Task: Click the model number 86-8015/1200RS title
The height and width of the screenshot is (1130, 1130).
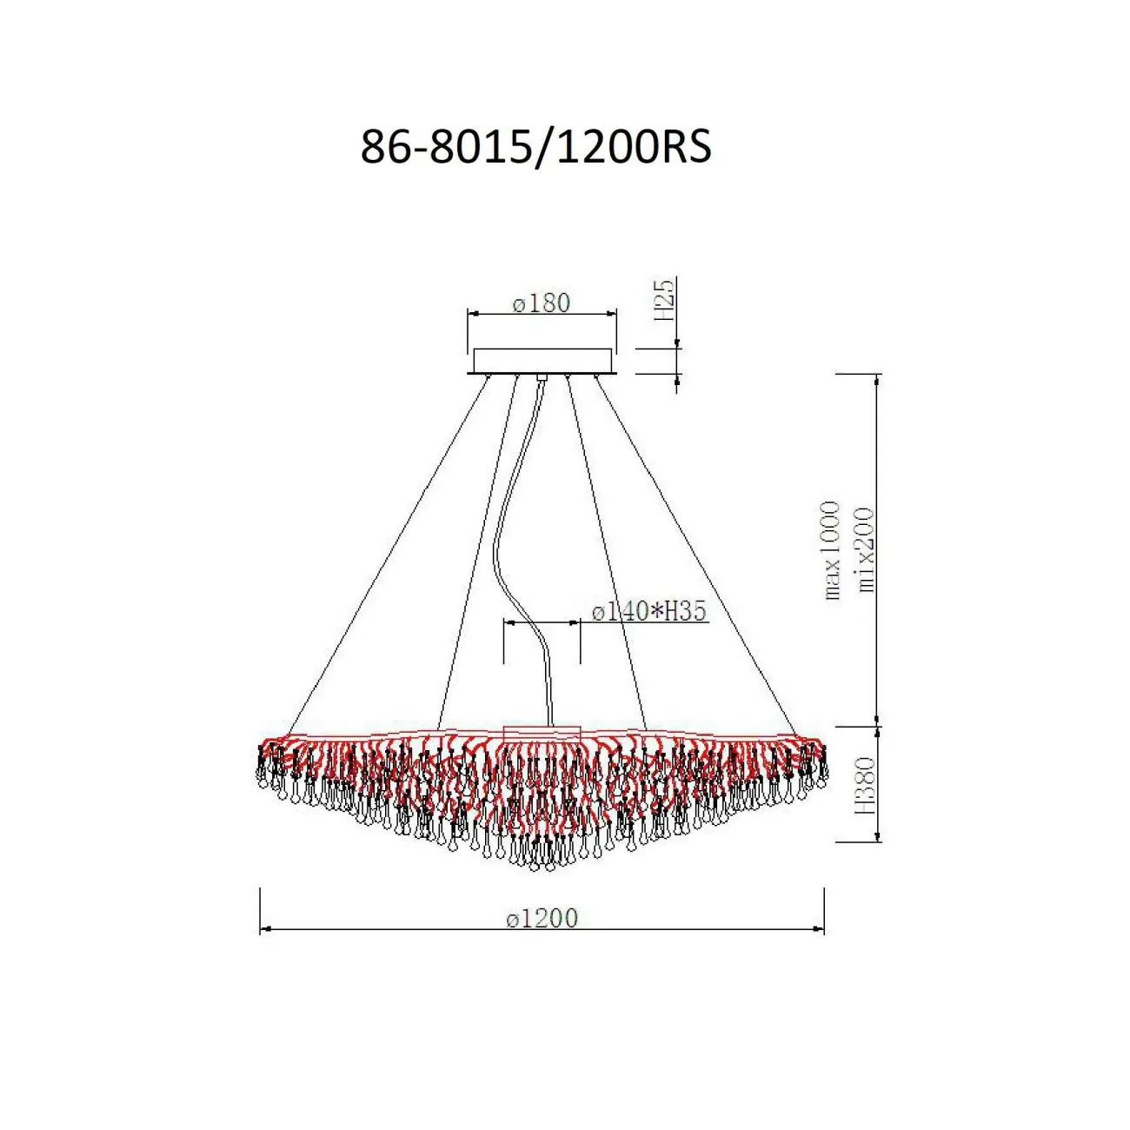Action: pos(536,147)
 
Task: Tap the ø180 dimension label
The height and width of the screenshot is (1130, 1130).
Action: pos(541,303)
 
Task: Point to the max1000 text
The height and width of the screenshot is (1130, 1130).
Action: pos(832,550)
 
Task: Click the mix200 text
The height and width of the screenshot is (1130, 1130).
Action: pos(865,549)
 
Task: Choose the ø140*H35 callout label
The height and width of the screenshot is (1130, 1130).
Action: pos(649,612)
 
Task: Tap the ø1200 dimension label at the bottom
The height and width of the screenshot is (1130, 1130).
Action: pos(542,918)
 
